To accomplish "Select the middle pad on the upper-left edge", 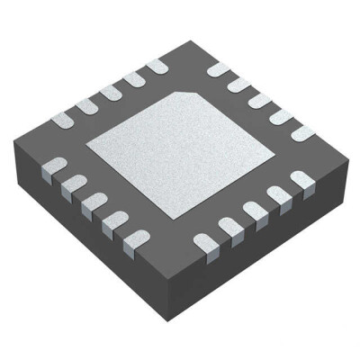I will coord(111,92).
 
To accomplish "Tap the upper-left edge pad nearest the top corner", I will coord(155,66).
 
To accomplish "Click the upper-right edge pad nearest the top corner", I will coord(219,69).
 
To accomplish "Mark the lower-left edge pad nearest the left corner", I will coord(53,166).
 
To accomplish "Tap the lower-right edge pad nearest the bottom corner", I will coord(205,241).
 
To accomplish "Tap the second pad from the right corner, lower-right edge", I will coord(279,195).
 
